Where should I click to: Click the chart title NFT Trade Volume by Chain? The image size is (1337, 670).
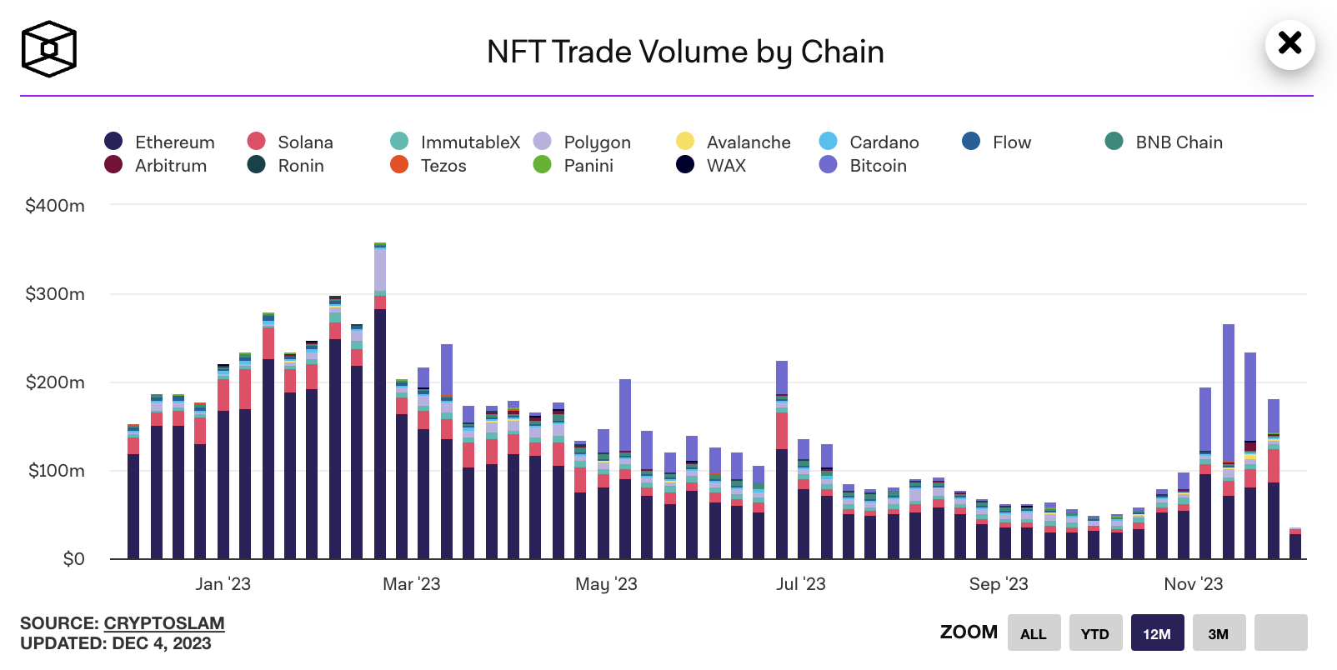pyautogui.click(x=685, y=52)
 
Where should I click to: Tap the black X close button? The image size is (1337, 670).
pyautogui.click(x=1289, y=43)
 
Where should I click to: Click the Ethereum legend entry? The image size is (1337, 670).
pyautogui.click(x=160, y=142)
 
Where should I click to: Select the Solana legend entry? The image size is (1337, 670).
pyautogui.click(x=291, y=142)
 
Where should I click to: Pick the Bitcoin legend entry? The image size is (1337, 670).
pyautogui.click(x=864, y=166)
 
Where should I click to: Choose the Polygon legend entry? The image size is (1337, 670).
pyautogui.click(x=583, y=142)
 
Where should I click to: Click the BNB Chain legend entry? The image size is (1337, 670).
pyautogui.click(x=1164, y=142)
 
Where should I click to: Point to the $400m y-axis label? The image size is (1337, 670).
pyautogui.click(x=55, y=206)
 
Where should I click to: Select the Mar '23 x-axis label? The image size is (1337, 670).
pyautogui.click(x=411, y=584)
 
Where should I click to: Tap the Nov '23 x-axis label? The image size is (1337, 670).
pyautogui.click(x=1193, y=584)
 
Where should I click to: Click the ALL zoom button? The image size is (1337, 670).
pyautogui.click(x=1034, y=632)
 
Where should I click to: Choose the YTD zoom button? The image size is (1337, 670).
pyautogui.click(x=1094, y=632)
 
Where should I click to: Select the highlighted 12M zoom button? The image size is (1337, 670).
pyautogui.click(x=1157, y=632)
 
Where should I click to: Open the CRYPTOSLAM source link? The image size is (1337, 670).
pyautogui.click(x=164, y=623)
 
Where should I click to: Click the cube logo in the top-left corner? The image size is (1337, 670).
pyautogui.click(x=48, y=49)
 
